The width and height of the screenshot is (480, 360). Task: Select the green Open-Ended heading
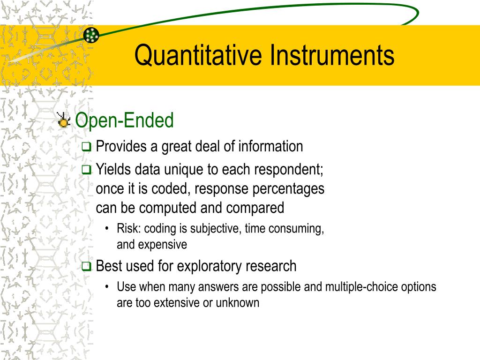(x=124, y=120)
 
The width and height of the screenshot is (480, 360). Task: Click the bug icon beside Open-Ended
(x=64, y=120)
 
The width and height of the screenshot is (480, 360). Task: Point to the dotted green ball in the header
(x=91, y=35)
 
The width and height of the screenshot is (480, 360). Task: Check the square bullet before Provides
(x=86, y=147)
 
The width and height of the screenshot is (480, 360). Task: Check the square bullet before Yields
(x=86, y=170)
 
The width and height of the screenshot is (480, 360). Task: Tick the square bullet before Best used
(x=86, y=266)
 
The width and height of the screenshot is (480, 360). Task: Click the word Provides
(x=121, y=146)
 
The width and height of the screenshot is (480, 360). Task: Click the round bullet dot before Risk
(x=106, y=228)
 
